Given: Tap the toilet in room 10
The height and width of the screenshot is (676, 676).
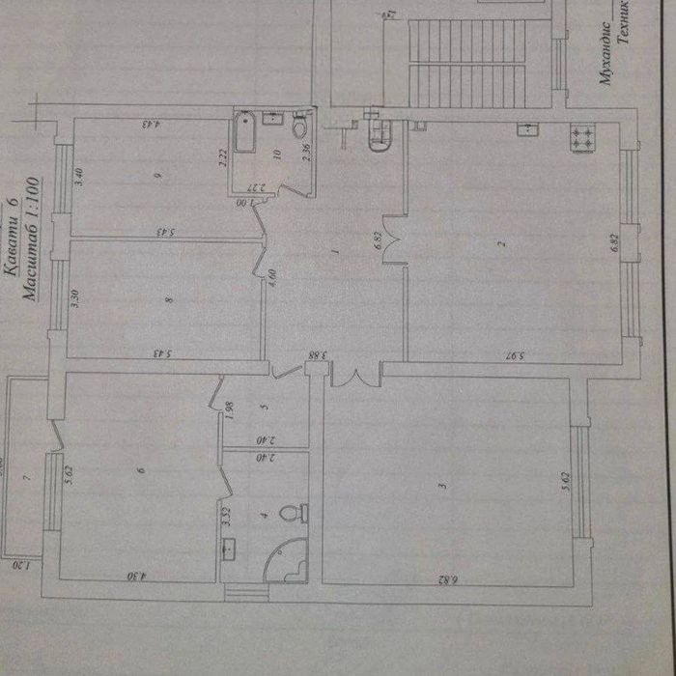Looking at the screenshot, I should coord(299,126).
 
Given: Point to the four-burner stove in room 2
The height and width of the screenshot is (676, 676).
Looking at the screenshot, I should coord(583,137).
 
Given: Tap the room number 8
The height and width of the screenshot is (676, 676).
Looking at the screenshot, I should coord(169,300).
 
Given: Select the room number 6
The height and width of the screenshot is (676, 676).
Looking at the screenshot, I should coord(141,470).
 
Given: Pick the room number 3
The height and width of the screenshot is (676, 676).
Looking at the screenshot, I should coord(442,486).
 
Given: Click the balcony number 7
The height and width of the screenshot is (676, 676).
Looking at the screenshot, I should coord(28,477).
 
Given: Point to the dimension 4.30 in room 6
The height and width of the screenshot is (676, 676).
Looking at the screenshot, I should coord(136,577).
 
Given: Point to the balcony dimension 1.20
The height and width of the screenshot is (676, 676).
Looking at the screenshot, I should coord(27,567).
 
